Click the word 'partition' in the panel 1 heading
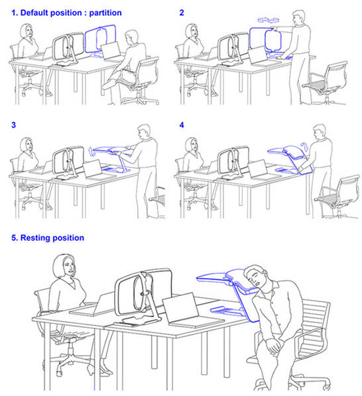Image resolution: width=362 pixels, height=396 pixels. point(105,13)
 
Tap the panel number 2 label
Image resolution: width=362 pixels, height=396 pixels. point(182,13)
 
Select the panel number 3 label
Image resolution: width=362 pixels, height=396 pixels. point(14,124)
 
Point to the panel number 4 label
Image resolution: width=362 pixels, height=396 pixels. point(182,124)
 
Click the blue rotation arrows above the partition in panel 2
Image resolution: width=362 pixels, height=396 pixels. point(269,20)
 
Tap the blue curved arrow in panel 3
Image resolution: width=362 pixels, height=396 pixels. point(91,151)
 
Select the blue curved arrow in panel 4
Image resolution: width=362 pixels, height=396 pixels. point(304,147)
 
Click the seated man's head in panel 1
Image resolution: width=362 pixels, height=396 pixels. point(132,38)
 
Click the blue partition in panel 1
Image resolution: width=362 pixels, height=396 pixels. point(100,40)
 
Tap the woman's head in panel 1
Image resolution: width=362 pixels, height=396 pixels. point(27,31)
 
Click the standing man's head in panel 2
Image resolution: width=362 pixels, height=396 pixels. point(299,18)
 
